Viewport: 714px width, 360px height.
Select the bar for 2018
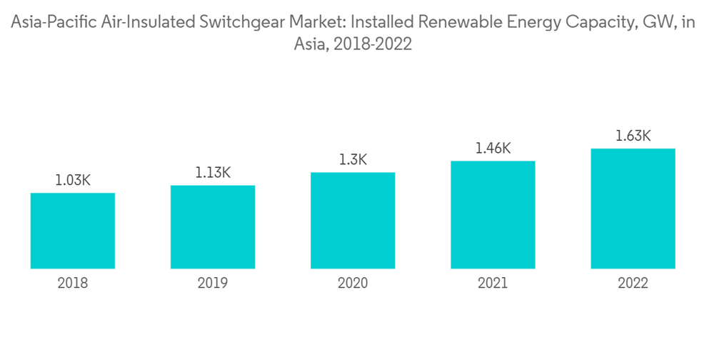(73, 231)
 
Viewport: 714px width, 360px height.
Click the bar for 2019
(213, 227)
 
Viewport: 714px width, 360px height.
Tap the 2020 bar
(353, 221)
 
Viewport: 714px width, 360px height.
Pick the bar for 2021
(493, 214)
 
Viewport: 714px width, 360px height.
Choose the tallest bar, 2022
(633, 209)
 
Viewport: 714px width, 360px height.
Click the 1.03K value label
(73, 181)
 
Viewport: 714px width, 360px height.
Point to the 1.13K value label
(213, 173)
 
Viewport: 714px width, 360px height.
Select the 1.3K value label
(353, 160)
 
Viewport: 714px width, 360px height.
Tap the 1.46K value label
(493, 149)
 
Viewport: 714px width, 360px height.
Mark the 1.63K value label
(633, 136)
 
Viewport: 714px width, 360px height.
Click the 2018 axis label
(73, 284)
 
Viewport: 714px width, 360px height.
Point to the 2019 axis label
(213, 284)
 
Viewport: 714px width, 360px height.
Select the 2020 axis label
(353, 284)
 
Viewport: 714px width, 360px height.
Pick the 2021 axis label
(493, 284)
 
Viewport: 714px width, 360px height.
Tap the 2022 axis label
(633, 284)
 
